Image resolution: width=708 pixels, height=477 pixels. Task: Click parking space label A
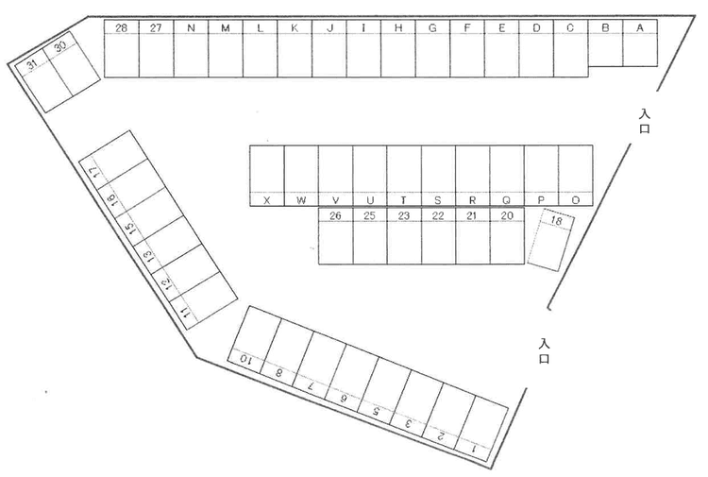click(640, 28)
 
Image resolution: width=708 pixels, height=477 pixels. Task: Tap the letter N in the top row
click(191, 28)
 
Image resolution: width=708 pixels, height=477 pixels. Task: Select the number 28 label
click(121, 28)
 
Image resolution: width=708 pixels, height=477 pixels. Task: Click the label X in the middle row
click(267, 200)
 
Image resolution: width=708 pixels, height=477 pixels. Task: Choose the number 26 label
click(335, 216)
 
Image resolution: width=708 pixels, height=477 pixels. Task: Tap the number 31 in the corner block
click(32, 65)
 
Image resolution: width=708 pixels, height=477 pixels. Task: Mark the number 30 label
click(59, 46)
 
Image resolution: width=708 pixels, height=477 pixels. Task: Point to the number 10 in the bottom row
click(244, 360)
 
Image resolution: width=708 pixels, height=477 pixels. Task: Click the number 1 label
click(475, 449)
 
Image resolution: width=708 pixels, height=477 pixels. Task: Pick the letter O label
click(575, 200)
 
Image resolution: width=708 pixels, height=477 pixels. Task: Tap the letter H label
click(398, 28)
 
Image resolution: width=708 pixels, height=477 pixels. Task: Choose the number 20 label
click(507, 216)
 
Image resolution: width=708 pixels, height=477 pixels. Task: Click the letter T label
click(404, 200)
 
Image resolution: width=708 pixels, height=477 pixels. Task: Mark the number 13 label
click(147, 256)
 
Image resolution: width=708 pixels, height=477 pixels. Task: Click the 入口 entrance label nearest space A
click(645, 122)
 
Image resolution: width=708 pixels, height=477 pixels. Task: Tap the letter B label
click(605, 28)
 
